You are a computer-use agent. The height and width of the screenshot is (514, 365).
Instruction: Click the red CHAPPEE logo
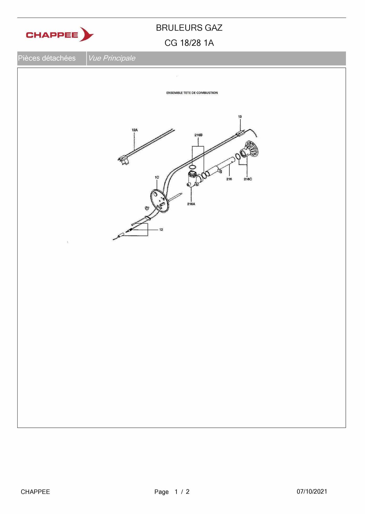pos(60,34)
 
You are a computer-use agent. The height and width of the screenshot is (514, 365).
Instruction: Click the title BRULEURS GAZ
pos(189,28)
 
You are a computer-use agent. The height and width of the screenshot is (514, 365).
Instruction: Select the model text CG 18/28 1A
pos(189,43)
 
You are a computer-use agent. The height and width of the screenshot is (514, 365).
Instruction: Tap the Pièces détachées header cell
pos(47,58)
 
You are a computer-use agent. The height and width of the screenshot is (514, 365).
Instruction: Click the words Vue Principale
pos(112,58)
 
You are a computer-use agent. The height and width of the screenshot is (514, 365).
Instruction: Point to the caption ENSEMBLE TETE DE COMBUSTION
pos(192,93)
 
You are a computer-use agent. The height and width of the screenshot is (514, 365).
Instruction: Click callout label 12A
pos(135,130)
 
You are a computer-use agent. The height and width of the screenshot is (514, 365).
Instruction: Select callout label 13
pos(240,117)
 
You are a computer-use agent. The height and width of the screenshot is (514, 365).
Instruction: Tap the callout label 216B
pos(198,135)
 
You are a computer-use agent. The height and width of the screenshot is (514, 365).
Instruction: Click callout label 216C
pos(248,179)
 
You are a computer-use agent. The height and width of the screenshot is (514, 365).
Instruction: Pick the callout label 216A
pos(191,204)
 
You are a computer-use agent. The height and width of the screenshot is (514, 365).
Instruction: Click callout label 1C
pos(157,177)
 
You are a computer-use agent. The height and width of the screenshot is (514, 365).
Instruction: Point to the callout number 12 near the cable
pos(161,230)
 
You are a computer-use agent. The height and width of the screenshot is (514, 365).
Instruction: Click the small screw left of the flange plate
pos(147,208)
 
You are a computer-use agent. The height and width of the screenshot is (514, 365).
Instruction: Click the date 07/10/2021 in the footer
pos(312,491)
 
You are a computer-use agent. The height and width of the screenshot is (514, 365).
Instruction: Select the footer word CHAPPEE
pos(35,492)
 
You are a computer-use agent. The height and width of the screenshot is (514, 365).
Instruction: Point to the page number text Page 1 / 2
pos(172,492)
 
